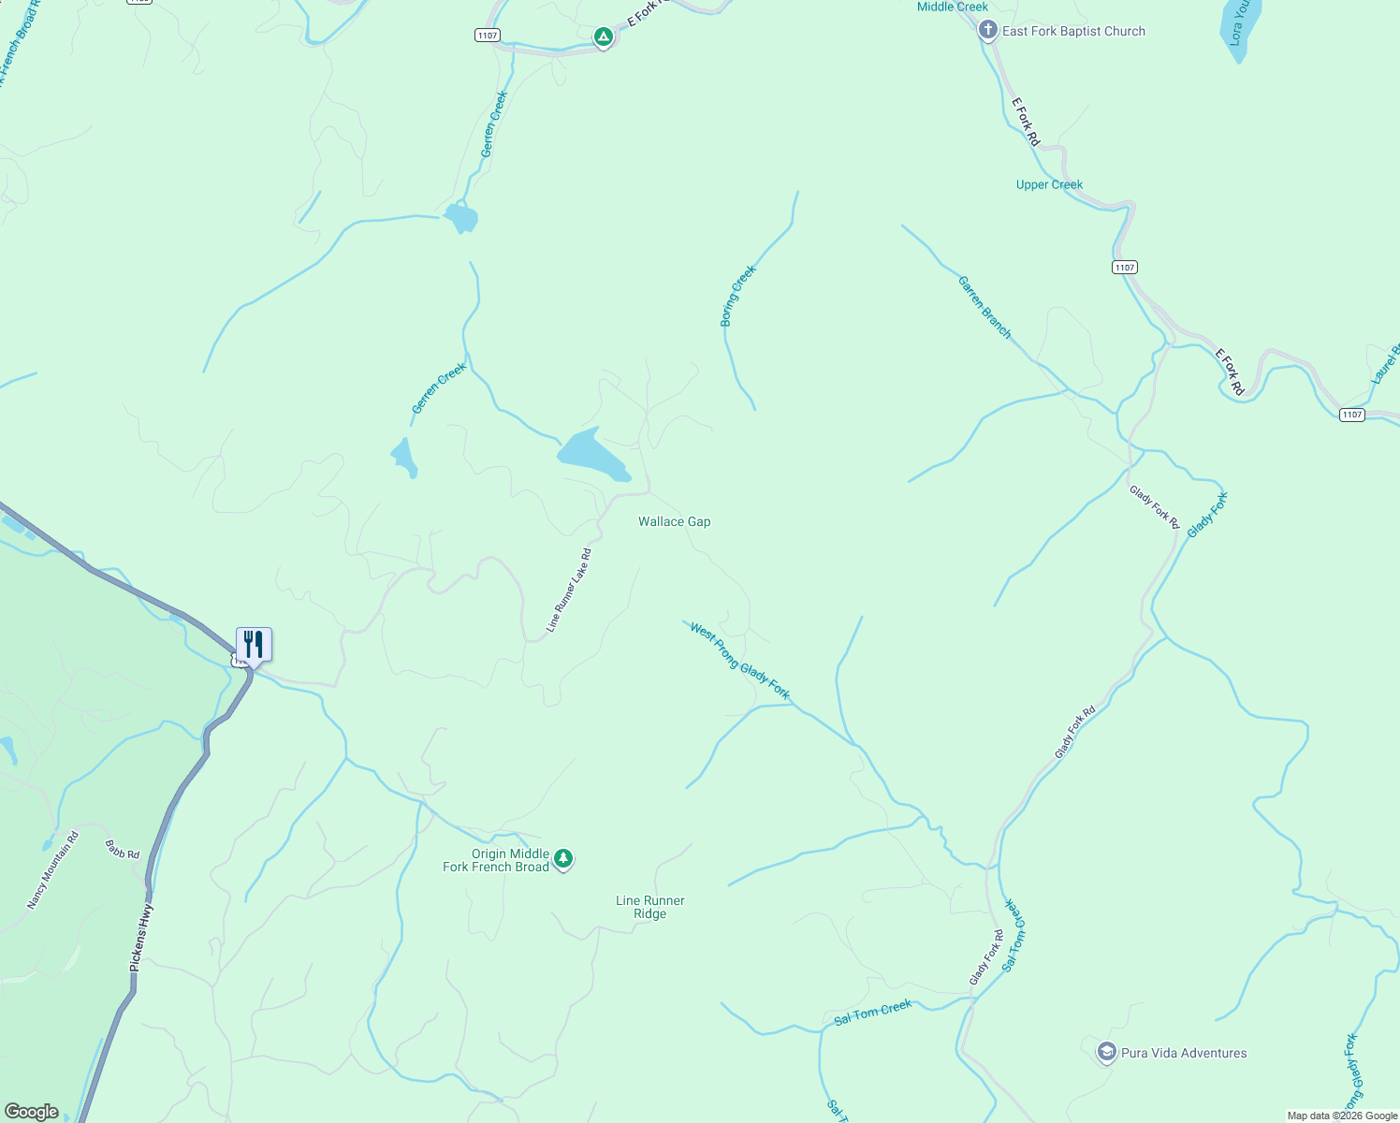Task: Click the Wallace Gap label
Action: tap(674, 521)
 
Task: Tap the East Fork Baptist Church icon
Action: tap(987, 31)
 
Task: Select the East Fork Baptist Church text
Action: tap(1073, 31)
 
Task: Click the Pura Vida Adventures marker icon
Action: tap(1107, 1052)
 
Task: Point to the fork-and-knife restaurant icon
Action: tap(254, 645)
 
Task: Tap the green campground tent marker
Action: tap(604, 37)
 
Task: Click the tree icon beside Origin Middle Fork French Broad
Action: tap(562, 858)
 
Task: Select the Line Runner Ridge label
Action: tap(650, 907)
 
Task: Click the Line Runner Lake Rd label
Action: tap(569, 590)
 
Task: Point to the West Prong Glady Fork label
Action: tap(739, 661)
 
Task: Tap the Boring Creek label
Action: tap(737, 296)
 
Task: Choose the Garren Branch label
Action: tap(984, 307)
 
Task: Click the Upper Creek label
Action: tap(1049, 184)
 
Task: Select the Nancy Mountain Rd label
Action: tap(52, 870)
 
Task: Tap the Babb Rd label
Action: tap(122, 850)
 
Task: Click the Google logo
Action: tap(31, 1111)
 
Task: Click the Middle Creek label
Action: tap(952, 7)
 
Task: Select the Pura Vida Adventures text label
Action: tap(1184, 1053)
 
